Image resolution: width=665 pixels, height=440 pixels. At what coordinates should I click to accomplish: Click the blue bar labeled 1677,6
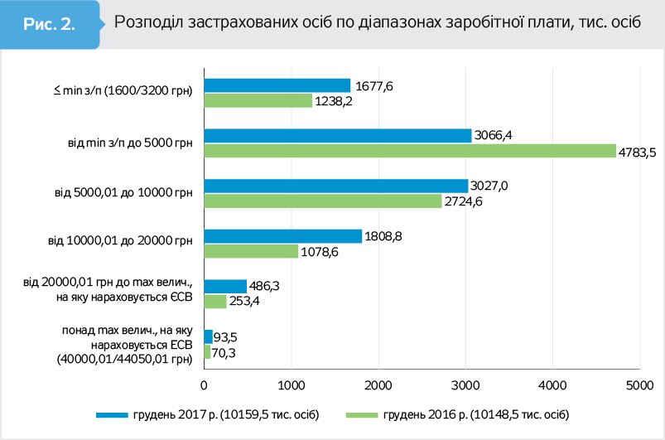277,85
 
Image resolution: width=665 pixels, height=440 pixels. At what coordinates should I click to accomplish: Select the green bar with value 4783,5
410,151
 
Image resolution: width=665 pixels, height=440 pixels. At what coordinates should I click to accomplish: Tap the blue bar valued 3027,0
335,186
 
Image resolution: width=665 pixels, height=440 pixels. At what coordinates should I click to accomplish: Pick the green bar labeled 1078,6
251,250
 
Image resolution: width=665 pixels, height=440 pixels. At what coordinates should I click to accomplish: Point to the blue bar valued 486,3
225,286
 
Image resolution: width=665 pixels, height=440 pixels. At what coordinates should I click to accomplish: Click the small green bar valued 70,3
207,351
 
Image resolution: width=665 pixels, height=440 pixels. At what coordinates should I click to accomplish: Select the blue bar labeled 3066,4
337,135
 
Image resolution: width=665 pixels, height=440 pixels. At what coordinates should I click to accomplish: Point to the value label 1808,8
385,236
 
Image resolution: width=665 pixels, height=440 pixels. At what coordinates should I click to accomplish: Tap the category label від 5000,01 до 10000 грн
123,193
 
